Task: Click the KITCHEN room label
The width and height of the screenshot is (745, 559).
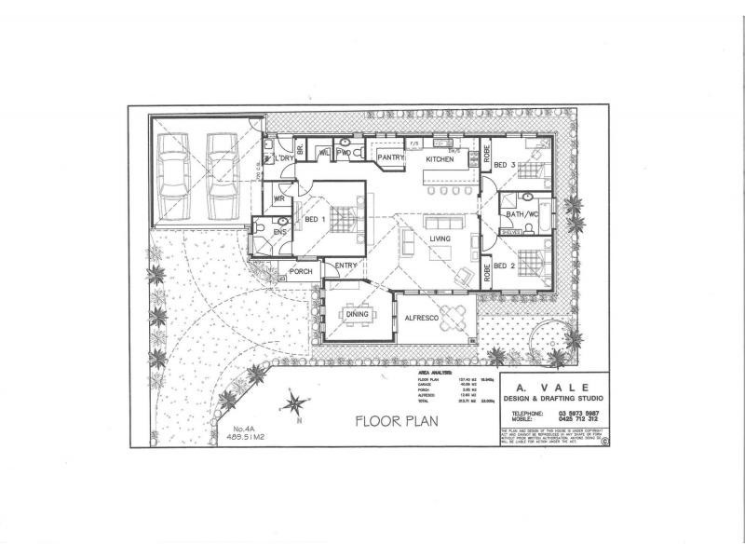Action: [440, 160]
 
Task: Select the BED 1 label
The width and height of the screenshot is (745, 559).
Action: [314, 219]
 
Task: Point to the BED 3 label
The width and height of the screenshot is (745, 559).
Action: [505, 166]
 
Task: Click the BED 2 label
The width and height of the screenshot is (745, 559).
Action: [505, 266]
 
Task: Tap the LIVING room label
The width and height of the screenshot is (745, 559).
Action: [440, 239]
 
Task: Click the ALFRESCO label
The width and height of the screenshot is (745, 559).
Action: [421, 319]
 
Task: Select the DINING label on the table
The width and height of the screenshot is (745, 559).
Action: [358, 315]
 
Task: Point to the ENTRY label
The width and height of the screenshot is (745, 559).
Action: [345, 266]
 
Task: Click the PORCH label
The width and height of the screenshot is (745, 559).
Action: [301, 272]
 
